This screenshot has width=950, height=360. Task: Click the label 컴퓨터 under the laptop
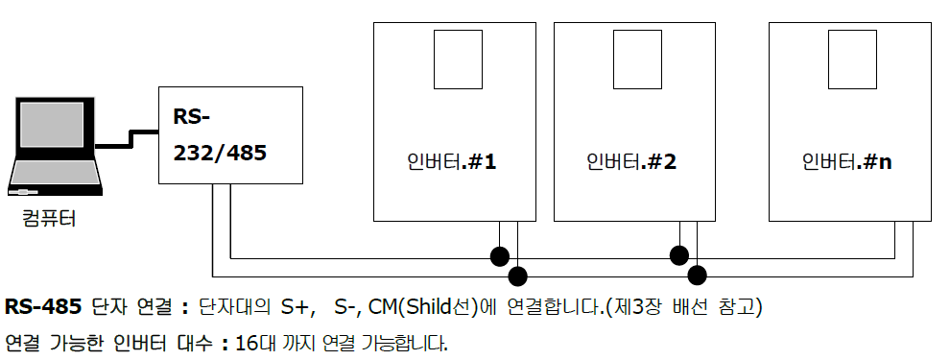tap(49, 219)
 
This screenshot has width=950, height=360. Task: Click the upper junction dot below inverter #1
tap(499, 256)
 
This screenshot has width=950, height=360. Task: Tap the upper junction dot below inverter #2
tap(679, 256)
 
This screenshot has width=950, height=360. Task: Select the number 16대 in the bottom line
tap(253, 342)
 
